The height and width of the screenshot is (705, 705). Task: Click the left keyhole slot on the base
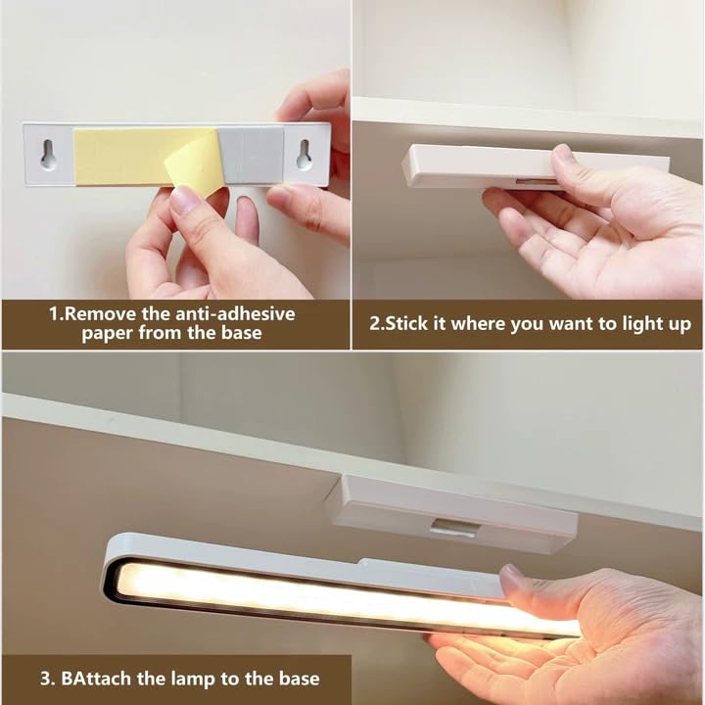tap(48, 155)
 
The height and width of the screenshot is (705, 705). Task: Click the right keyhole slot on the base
tap(305, 155)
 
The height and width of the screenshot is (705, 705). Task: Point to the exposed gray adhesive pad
tap(252, 155)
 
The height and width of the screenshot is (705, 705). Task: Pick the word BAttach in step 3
tap(97, 679)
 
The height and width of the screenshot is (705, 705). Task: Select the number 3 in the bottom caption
tap(45, 679)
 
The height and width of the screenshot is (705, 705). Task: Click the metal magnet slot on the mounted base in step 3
tap(451, 527)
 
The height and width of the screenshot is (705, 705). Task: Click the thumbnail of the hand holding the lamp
tap(511, 577)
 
